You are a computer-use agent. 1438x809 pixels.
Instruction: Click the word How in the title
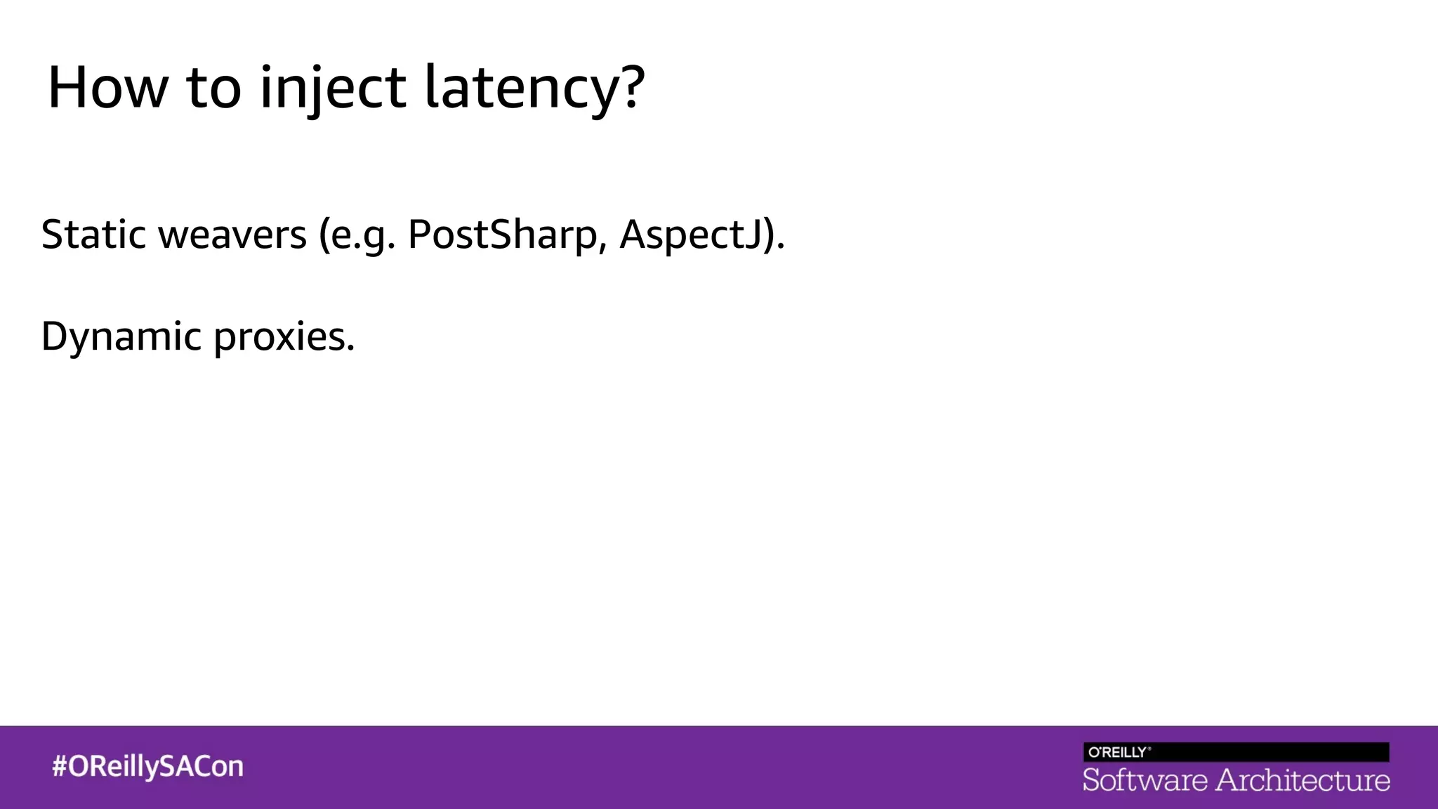[x=107, y=88]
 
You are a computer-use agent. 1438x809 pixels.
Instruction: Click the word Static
[x=93, y=235]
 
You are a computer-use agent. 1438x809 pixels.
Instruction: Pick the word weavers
[x=232, y=236]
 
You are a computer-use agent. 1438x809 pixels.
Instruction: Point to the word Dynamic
[x=121, y=337]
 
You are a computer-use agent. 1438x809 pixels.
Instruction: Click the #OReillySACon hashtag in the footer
[x=147, y=767]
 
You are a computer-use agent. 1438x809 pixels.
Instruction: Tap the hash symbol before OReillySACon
[x=59, y=766]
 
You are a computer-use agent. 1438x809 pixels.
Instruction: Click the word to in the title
[x=213, y=89]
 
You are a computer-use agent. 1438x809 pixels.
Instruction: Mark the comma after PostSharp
[x=602, y=247]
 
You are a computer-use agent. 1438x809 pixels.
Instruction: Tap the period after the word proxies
[x=350, y=349]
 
